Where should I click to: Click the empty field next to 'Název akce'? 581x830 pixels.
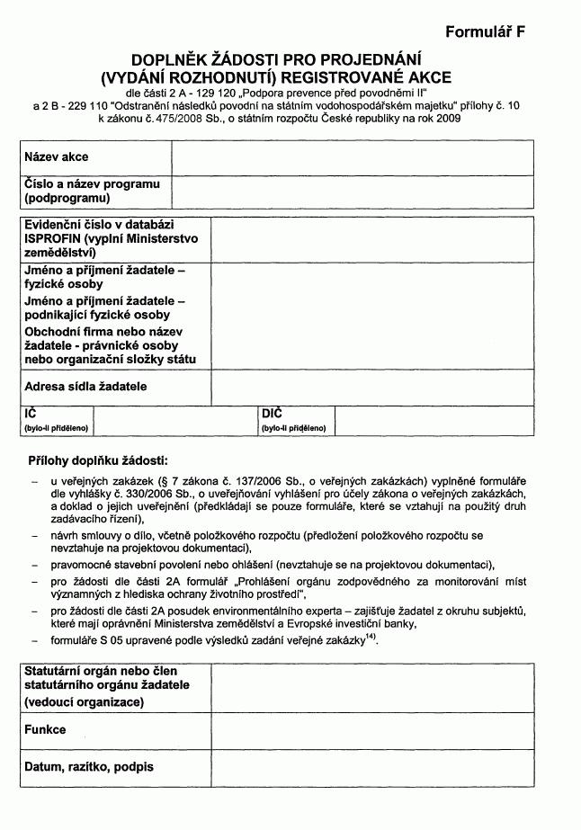click(x=353, y=157)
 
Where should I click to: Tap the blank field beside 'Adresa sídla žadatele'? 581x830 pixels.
click(x=372, y=388)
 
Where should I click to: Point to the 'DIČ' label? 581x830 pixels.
click(x=272, y=414)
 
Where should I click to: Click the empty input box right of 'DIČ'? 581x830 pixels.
click(x=434, y=421)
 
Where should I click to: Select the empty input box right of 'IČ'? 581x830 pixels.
click(x=174, y=421)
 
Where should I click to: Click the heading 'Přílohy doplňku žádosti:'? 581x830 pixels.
click(x=98, y=460)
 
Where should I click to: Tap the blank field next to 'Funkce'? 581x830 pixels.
click(x=372, y=730)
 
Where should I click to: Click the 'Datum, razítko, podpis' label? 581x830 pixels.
click(x=88, y=767)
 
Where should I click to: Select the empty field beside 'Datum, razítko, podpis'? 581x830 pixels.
click(x=372, y=767)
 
